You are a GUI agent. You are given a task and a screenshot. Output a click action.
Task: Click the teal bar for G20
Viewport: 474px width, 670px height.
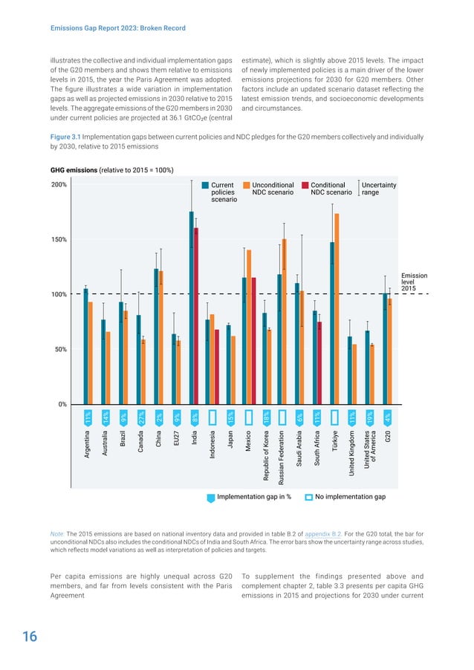point(384,348)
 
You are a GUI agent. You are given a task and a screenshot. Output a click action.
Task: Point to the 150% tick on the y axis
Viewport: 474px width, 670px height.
point(59,240)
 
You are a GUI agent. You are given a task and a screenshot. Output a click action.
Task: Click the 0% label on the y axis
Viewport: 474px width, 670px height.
point(62,404)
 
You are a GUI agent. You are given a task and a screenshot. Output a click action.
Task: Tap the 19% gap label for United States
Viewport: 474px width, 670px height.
point(370,417)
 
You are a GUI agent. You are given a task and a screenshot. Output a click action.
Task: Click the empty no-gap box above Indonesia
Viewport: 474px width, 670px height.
point(212,417)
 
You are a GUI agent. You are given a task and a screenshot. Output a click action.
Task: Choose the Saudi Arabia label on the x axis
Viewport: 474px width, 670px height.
point(298,449)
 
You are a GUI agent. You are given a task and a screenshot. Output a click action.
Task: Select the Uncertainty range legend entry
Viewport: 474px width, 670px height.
point(378,189)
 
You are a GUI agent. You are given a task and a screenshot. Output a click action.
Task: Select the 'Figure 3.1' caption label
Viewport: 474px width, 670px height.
point(68,137)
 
